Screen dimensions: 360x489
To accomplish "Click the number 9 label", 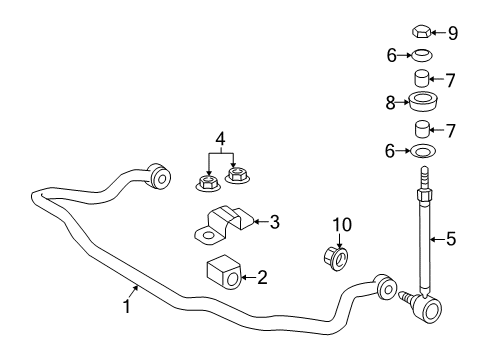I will [452, 33].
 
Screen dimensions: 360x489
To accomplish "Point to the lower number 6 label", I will [392, 150].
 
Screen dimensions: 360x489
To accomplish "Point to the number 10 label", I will [342, 226].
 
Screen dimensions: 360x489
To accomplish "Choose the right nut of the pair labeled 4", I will [238, 176].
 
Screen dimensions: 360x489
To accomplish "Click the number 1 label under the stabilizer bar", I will [126, 309].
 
